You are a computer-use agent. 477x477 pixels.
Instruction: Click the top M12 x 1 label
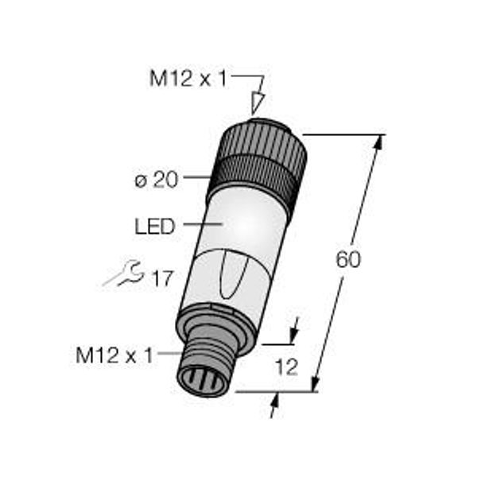(x=188, y=79)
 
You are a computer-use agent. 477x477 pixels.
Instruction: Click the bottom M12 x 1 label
(x=114, y=355)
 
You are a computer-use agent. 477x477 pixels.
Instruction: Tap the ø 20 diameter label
(x=156, y=180)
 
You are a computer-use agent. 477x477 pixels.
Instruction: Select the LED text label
(x=155, y=227)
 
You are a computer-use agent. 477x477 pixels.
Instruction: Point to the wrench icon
(x=123, y=273)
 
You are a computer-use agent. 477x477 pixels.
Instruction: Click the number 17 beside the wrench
(x=163, y=278)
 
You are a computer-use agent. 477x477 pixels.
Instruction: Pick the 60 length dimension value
(x=348, y=259)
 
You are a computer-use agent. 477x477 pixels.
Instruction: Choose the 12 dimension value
(x=287, y=367)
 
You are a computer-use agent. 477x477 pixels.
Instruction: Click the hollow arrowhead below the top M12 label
(x=257, y=103)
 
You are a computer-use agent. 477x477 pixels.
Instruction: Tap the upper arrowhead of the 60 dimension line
(x=378, y=142)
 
